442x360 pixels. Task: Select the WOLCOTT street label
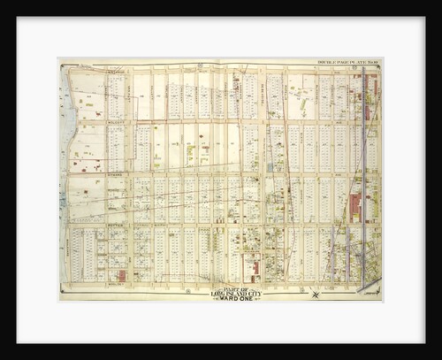(118, 122)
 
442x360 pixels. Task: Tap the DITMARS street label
(118, 174)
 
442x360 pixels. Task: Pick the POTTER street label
(118, 226)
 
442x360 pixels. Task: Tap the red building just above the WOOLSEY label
(121, 275)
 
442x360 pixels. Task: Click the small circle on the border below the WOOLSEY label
(116, 291)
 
